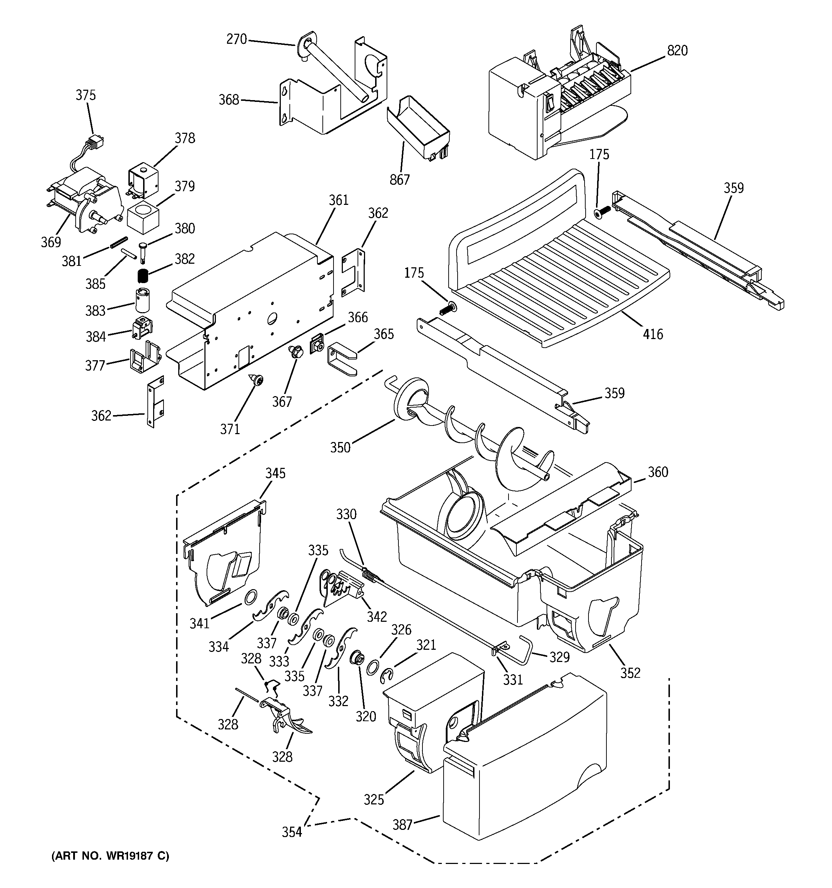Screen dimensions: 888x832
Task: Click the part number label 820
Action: tap(677, 51)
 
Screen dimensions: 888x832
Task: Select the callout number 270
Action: tap(236, 39)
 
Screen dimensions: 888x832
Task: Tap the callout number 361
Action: tap(339, 200)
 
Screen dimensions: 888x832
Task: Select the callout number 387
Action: tap(402, 824)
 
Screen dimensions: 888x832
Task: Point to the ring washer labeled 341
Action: tap(251, 596)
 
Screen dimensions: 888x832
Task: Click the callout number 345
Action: tap(275, 473)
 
